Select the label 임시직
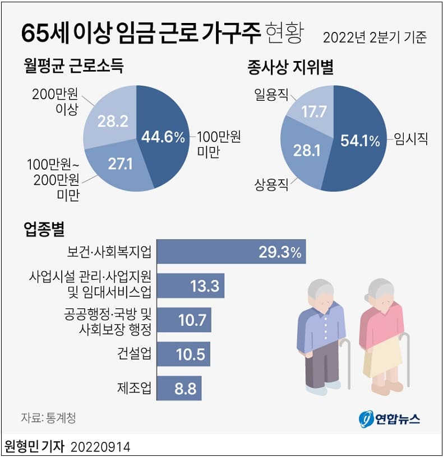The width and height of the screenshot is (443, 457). [410, 139]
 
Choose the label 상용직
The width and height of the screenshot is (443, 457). [271, 184]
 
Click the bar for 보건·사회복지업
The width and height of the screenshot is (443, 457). [231, 251]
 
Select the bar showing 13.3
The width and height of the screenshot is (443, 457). [191, 286]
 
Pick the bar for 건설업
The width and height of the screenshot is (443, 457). [184, 354]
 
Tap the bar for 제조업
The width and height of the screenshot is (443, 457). [179, 388]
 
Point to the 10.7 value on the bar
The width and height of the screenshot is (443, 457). [191, 320]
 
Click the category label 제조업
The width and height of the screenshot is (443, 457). [134, 388]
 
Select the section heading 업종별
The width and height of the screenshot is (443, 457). [44, 228]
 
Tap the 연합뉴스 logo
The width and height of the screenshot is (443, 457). [389, 418]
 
